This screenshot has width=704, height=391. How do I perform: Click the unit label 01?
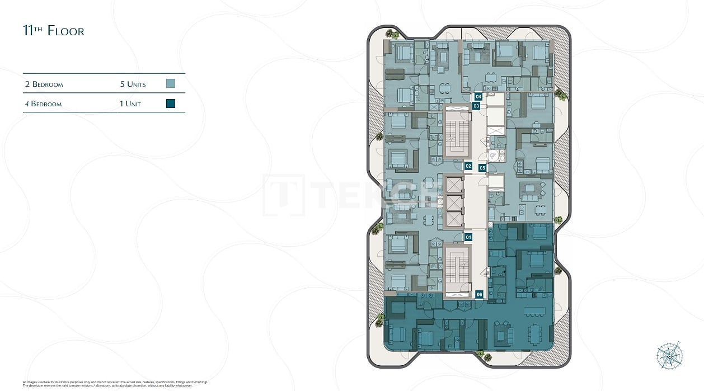click(468, 237)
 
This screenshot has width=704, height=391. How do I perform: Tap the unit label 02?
click(468, 166)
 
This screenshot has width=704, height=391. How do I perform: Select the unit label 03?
click(476, 106)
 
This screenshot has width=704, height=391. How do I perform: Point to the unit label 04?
click(478, 97)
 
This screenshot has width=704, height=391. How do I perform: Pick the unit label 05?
click(482, 167)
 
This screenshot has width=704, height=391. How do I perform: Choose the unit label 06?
click(479, 294)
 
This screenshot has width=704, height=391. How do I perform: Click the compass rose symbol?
click(669, 355)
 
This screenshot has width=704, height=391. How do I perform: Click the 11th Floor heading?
click(54, 31)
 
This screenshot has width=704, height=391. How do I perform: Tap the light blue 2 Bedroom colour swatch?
click(171, 84)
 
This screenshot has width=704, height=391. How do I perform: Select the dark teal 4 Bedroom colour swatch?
click(171, 103)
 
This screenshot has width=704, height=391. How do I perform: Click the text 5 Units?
click(133, 84)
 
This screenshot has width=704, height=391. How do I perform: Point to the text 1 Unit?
click(130, 104)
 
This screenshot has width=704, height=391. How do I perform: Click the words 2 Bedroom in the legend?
click(44, 84)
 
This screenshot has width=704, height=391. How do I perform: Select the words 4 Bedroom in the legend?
click(43, 104)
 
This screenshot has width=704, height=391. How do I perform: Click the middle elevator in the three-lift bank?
click(453, 202)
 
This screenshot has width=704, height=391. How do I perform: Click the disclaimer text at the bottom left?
click(115, 384)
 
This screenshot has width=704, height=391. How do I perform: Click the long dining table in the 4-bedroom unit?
click(534, 311)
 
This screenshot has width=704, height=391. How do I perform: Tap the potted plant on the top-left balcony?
click(394, 35)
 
